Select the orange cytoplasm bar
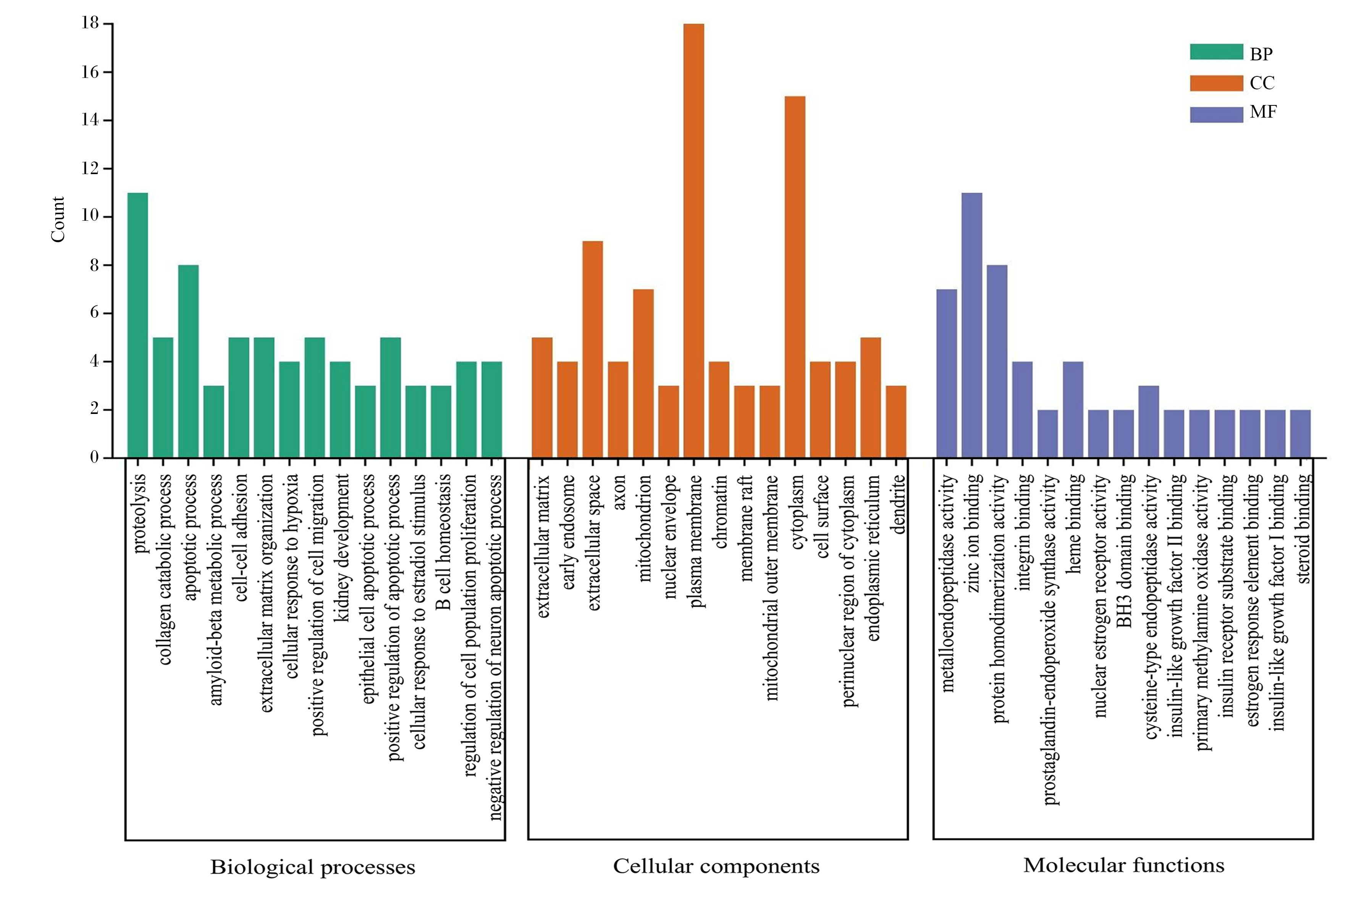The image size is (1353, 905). pyautogui.click(x=795, y=277)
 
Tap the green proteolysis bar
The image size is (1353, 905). pyautogui.click(x=137, y=325)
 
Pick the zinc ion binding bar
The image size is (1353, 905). pyautogui.click(x=972, y=325)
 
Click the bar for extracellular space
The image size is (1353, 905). pyautogui.click(x=592, y=349)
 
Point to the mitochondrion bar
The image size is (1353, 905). pyautogui.click(x=643, y=373)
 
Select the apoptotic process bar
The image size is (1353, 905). pyautogui.click(x=188, y=361)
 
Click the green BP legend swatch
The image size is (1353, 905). pyautogui.click(x=1216, y=52)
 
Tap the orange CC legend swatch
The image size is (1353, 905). pyautogui.click(x=1216, y=83)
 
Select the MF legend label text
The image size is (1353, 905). pyautogui.click(x=1263, y=112)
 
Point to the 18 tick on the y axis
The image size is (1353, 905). pyautogui.click(x=91, y=23)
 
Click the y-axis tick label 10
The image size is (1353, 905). pyautogui.click(x=91, y=217)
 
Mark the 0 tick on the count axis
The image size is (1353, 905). pyautogui.click(x=95, y=458)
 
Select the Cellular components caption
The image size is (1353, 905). pyautogui.click(x=716, y=866)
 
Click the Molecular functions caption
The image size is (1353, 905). pyautogui.click(x=1124, y=865)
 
